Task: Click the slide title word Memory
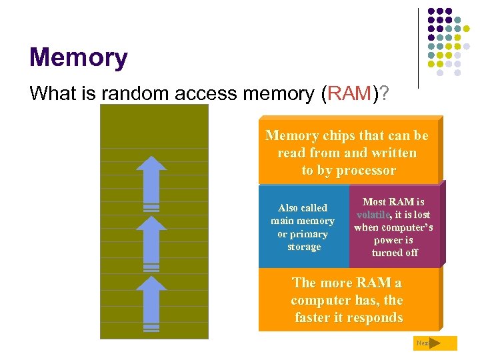pos(78,58)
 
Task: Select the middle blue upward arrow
pos(155,238)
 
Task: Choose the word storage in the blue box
pos(304,247)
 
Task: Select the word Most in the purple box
pos(375,201)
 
